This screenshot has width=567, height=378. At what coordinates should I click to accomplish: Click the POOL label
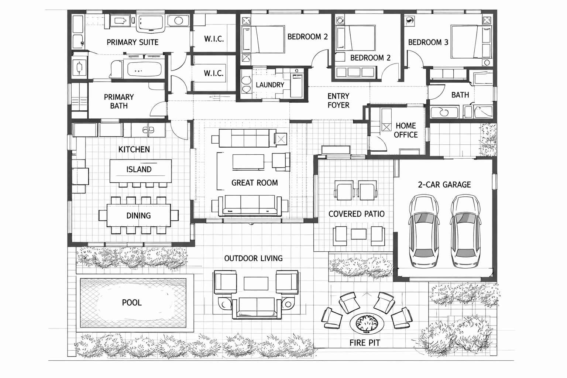pyautogui.click(x=132, y=303)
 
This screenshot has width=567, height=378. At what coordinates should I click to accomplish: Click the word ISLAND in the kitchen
pyautogui.click(x=139, y=169)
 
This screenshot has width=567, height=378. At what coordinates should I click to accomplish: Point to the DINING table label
pyautogui.click(x=138, y=216)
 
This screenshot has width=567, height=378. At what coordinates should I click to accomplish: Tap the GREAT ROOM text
pyautogui.click(x=254, y=183)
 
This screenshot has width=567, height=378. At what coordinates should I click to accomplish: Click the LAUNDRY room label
pyautogui.click(x=270, y=85)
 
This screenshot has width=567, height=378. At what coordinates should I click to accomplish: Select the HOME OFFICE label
pyautogui.click(x=405, y=130)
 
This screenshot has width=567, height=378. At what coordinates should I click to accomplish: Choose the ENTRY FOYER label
pyautogui.click(x=338, y=100)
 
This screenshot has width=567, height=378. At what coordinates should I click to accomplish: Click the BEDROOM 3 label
pyautogui.click(x=428, y=42)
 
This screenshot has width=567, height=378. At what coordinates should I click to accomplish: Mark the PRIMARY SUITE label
pyautogui.click(x=132, y=42)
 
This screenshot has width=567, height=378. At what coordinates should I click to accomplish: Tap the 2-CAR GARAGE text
pyautogui.click(x=444, y=185)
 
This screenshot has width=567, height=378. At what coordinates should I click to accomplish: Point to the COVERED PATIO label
pyautogui.click(x=356, y=214)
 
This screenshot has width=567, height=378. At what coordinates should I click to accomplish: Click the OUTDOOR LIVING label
pyautogui.click(x=253, y=258)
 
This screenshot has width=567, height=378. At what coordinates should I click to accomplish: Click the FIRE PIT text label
pyautogui.click(x=364, y=343)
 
